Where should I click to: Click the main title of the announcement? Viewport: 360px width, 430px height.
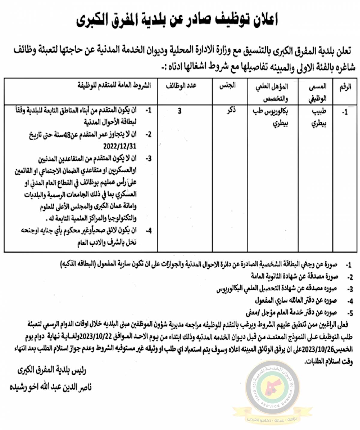pos(177,20)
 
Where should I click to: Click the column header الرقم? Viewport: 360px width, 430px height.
pos(345,87)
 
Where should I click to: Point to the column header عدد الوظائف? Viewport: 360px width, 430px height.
pos(181,86)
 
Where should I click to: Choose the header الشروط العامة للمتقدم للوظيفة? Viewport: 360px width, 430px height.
pos(114,85)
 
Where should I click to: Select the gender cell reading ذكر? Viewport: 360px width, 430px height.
pos(231,111)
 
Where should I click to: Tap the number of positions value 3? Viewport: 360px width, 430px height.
pos(179,111)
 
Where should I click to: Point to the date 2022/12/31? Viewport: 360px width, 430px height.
pos(120,146)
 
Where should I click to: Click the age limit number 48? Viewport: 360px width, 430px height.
pos(73,135)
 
